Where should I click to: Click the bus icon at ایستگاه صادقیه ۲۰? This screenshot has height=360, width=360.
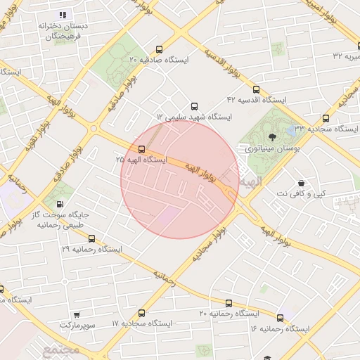pos(160,50)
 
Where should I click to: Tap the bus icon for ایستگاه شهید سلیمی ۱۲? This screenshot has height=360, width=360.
pos(195,107)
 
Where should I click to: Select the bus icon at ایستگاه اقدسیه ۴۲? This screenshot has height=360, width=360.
pos(255,89)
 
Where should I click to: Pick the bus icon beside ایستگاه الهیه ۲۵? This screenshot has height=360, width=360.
pos(142,149)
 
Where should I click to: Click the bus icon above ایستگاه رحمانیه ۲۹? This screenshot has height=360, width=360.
pos(91,238)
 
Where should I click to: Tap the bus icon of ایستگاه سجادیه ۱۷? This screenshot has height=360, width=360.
pos(142,313)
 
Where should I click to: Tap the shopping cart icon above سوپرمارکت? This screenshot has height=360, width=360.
pos(76,315)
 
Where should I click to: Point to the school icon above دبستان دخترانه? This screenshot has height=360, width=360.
pos(63,14)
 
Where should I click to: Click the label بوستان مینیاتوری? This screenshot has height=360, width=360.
pos(269,148)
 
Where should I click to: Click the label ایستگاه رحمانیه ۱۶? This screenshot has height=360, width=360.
pos(279,328)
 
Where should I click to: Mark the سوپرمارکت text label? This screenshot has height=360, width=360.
pos(75,326)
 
